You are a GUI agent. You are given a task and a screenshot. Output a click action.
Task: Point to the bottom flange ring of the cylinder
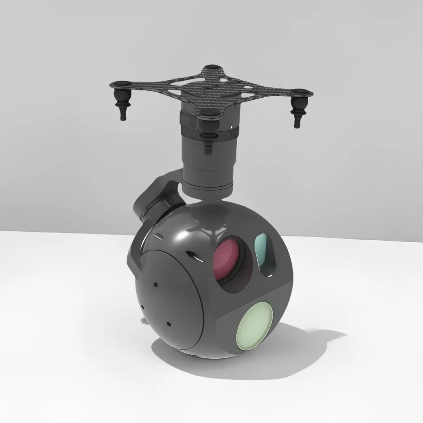coord(208,188)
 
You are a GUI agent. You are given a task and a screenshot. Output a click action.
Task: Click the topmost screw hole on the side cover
coord(156,284)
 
